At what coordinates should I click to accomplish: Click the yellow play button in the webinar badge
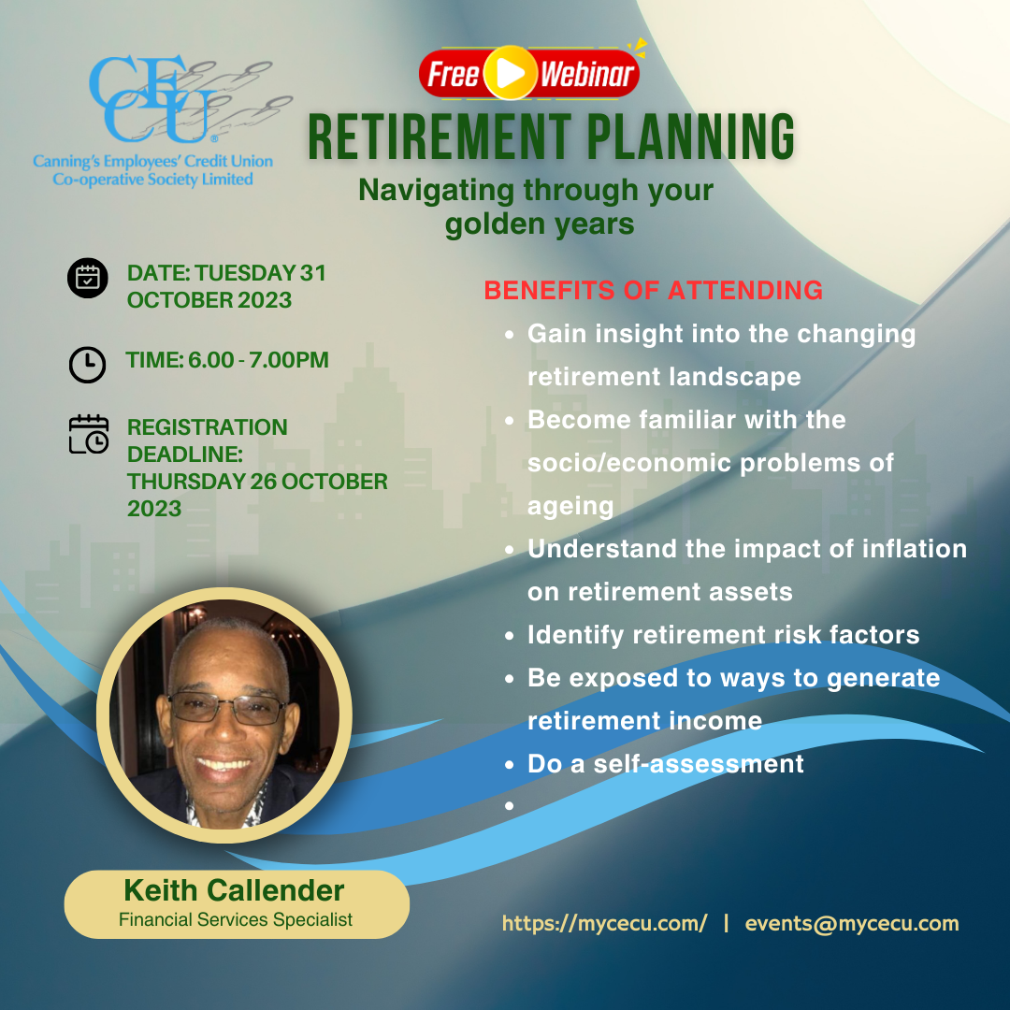pyautogui.click(x=510, y=73)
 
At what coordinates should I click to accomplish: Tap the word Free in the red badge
pyautogui.click(x=454, y=75)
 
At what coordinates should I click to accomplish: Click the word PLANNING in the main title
pyautogui.click(x=680, y=137)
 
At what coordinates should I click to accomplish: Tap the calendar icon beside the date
pyautogui.click(x=88, y=279)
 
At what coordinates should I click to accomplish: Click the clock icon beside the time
pyautogui.click(x=88, y=365)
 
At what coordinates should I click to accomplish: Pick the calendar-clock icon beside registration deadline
pyautogui.click(x=89, y=434)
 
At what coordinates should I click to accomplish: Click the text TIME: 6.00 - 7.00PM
pyautogui.click(x=227, y=360)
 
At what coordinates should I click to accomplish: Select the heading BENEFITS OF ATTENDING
pyautogui.click(x=653, y=291)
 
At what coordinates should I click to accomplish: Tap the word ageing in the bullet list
pyautogui.click(x=570, y=506)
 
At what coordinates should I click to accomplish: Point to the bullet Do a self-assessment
pyautogui.click(x=665, y=764)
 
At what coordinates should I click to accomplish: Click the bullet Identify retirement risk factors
pyautogui.click(x=723, y=635)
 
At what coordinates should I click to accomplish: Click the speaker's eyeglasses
pyautogui.click(x=227, y=708)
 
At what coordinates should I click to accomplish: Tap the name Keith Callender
pyautogui.click(x=234, y=890)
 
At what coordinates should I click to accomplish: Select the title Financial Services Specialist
pyautogui.click(x=236, y=919)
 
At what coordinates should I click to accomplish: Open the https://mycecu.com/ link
pyautogui.click(x=604, y=924)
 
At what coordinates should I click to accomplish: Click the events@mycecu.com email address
pyautogui.click(x=852, y=924)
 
